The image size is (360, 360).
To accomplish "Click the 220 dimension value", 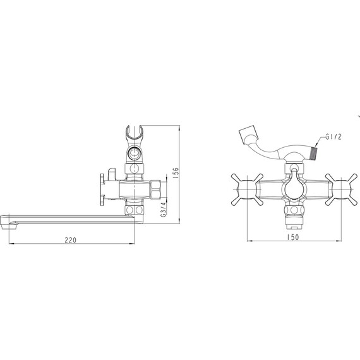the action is click(x=70, y=240).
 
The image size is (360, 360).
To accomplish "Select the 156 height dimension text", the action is click(x=175, y=173).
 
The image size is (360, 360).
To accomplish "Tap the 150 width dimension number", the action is click(x=293, y=237).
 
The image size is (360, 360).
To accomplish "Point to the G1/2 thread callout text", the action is click(x=333, y=136).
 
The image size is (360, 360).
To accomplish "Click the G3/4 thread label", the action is click(x=163, y=210).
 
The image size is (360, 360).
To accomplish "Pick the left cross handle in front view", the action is click(x=247, y=189).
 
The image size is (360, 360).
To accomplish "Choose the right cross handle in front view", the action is click(x=341, y=189).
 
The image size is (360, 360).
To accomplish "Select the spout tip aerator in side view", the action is click(x=9, y=227).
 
